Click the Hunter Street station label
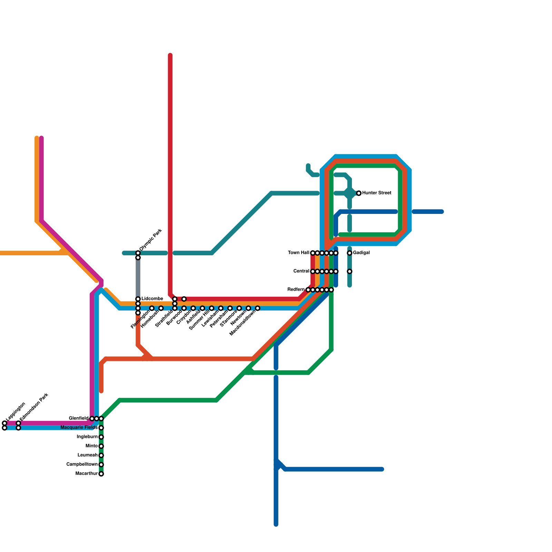click(376, 193)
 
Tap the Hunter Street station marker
click(359, 193)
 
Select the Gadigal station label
click(361, 253)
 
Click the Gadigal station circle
click(349, 253)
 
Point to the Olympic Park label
click(151, 240)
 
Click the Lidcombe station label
click(152, 298)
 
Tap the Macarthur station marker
click(101, 474)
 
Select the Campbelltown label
click(82, 464)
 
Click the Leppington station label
click(16, 411)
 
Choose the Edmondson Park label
click(34, 409)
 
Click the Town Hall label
click(298, 253)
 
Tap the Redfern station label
click(296, 290)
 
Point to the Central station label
click(301, 271)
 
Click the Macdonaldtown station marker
click(258, 308)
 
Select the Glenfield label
click(79, 418)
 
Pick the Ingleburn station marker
click(101, 437)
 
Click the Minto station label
click(91, 446)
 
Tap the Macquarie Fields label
click(79, 428)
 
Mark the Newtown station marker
click(248, 308)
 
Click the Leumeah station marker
click(101, 455)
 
